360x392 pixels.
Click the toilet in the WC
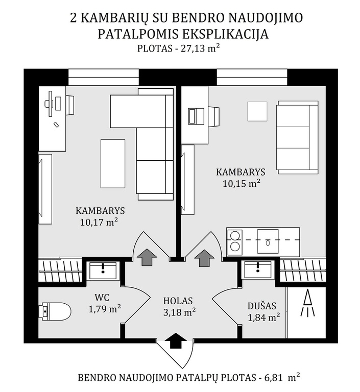55,311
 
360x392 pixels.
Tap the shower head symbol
308,303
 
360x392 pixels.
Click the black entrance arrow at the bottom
176,340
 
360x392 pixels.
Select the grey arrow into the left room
147,257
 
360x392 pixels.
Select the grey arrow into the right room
204,258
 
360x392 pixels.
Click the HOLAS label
178,301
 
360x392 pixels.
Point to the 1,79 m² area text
105,309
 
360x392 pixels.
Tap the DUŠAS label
262,306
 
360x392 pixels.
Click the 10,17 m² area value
99,222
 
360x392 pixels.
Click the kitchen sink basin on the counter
268,241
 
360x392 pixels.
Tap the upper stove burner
235,235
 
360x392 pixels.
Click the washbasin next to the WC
103,271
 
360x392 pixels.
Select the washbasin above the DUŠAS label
258,269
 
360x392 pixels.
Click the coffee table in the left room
113,163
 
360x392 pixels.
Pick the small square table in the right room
257,111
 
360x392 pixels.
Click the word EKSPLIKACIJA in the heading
225,34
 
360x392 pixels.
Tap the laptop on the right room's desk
196,116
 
